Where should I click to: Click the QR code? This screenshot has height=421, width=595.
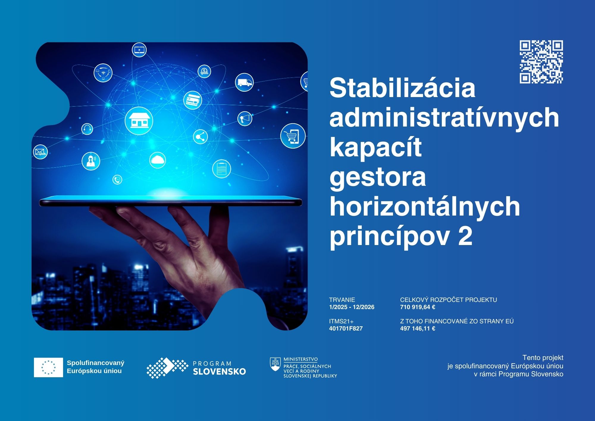click(x=541, y=62)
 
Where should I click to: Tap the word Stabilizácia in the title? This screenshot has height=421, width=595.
click(x=402, y=88)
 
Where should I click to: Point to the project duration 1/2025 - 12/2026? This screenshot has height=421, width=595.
click(x=352, y=307)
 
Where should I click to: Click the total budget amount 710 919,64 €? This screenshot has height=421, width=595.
click(x=417, y=307)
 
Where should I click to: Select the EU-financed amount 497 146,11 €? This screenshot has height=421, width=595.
click(x=417, y=329)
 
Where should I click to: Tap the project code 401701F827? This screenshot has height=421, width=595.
click(x=346, y=329)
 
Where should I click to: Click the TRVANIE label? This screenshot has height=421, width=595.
click(x=342, y=300)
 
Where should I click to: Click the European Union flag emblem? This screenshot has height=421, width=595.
click(x=48, y=367)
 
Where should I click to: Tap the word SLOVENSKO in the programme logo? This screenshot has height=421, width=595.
click(x=219, y=371)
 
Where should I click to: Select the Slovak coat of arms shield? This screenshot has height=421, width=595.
click(x=275, y=364)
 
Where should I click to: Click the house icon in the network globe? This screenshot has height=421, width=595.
click(x=139, y=121)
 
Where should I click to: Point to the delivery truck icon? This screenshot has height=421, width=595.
click(x=244, y=82)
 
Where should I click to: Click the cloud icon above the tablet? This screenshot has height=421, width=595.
click(x=157, y=160)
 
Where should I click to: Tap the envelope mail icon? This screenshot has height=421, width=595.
click(x=40, y=152)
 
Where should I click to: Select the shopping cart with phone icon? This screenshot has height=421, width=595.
click(x=293, y=136)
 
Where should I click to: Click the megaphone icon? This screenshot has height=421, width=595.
click(x=245, y=118)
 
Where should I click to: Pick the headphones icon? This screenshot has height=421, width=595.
click(x=87, y=129)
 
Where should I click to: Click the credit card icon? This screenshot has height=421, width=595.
click(x=192, y=100)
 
